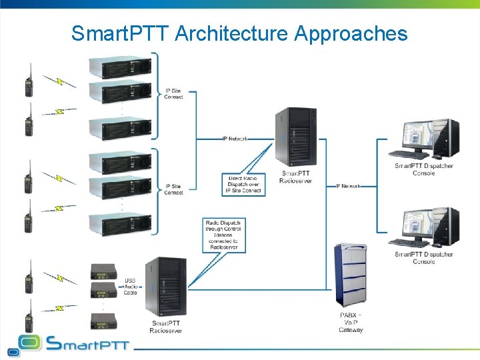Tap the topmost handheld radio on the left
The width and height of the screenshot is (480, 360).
tap(29, 82)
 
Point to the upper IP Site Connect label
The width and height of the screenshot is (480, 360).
tap(173, 94)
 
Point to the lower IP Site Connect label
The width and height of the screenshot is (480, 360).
tap(173, 189)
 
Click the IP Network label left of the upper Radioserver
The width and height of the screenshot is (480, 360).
tap(235, 139)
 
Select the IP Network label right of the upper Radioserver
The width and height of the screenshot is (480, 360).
tap(347, 186)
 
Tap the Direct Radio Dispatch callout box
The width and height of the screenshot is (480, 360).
tap(243, 184)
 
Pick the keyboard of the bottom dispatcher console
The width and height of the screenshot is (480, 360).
tap(409, 243)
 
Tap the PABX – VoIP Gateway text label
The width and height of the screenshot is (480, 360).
tap(351, 322)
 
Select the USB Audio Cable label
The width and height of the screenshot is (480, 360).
tap(130, 287)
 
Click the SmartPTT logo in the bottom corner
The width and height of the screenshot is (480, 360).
tap(67, 344)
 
